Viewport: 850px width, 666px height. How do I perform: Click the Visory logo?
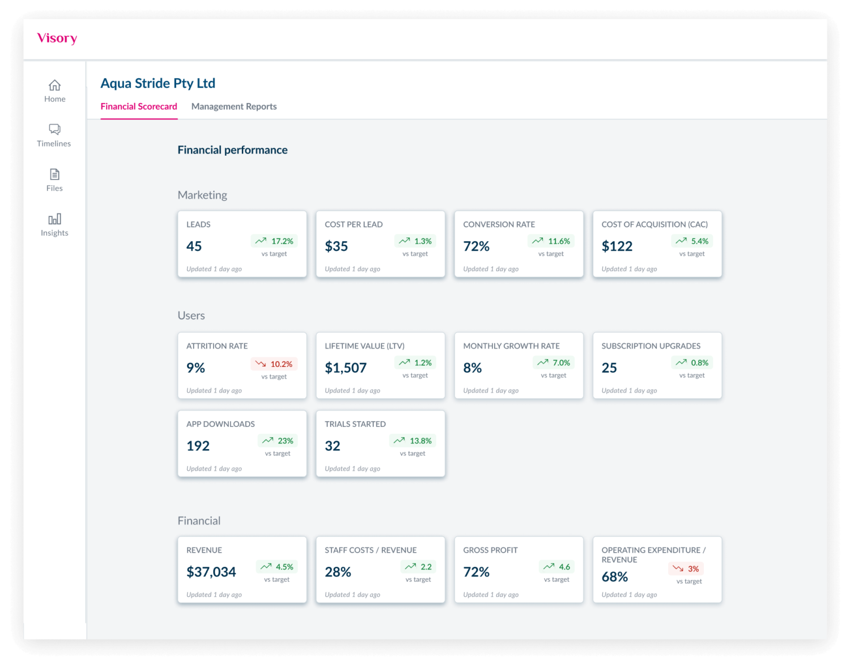(x=57, y=38)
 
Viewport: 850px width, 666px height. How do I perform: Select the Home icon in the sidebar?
(x=54, y=86)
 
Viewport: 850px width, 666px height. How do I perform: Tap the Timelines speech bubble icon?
(x=54, y=130)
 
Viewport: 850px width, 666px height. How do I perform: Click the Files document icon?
(x=54, y=174)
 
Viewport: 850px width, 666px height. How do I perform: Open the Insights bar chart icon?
(x=54, y=219)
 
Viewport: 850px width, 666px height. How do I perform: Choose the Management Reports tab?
(x=234, y=106)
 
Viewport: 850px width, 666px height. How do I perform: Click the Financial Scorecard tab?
(x=139, y=106)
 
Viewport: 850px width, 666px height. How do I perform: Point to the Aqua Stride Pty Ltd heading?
(x=158, y=83)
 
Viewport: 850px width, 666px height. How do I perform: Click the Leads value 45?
(x=194, y=246)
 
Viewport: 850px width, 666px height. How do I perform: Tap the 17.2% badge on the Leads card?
(x=274, y=241)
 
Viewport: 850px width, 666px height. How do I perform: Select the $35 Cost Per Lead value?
(x=336, y=246)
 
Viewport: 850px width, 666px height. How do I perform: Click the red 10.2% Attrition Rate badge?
(x=274, y=364)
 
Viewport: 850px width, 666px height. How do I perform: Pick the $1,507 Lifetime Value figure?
(x=346, y=368)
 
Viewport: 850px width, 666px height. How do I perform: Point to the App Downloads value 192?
(x=198, y=446)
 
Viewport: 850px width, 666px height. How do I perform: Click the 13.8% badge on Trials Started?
(x=413, y=441)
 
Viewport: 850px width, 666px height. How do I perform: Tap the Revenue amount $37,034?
(x=211, y=572)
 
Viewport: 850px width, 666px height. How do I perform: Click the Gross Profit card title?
(x=490, y=550)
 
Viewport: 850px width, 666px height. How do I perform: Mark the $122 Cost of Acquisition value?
(x=617, y=246)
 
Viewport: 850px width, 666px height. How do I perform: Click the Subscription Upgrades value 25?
(x=609, y=368)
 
